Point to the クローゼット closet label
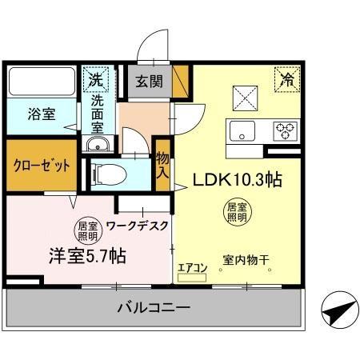40,166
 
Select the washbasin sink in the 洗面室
98,145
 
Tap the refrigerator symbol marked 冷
285,79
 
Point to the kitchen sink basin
240,130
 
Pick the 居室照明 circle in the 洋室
87,230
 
